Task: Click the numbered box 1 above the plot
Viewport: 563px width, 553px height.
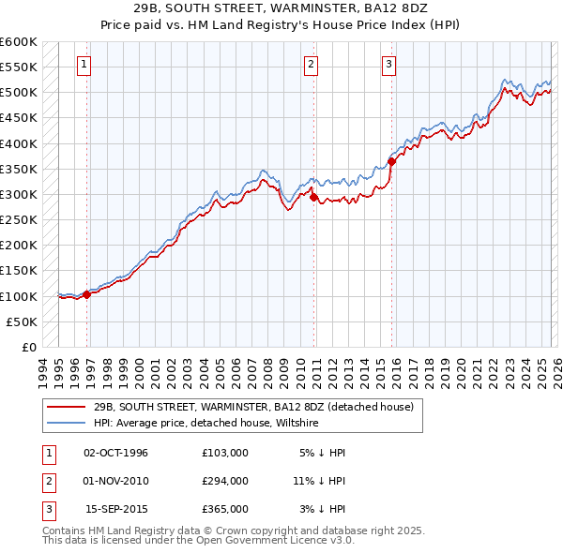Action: click(x=84, y=65)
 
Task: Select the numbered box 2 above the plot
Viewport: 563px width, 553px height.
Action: click(x=311, y=65)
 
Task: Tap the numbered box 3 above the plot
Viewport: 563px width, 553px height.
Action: click(x=388, y=65)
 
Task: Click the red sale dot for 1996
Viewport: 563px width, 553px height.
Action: click(x=87, y=294)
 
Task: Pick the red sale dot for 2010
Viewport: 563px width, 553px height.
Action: click(x=312, y=197)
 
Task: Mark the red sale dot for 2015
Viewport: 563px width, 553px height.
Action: click(x=391, y=161)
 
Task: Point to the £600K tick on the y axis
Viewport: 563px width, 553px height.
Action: click(x=19, y=42)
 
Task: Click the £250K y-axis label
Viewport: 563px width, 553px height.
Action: click(x=19, y=219)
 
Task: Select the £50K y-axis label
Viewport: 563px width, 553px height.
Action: click(x=23, y=321)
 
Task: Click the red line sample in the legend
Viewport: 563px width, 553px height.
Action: click(x=66, y=408)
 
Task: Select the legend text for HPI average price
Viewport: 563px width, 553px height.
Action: click(x=206, y=424)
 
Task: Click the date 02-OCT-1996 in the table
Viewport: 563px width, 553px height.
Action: click(x=116, y=453)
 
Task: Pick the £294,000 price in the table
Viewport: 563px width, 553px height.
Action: click(x=225, y=481)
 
